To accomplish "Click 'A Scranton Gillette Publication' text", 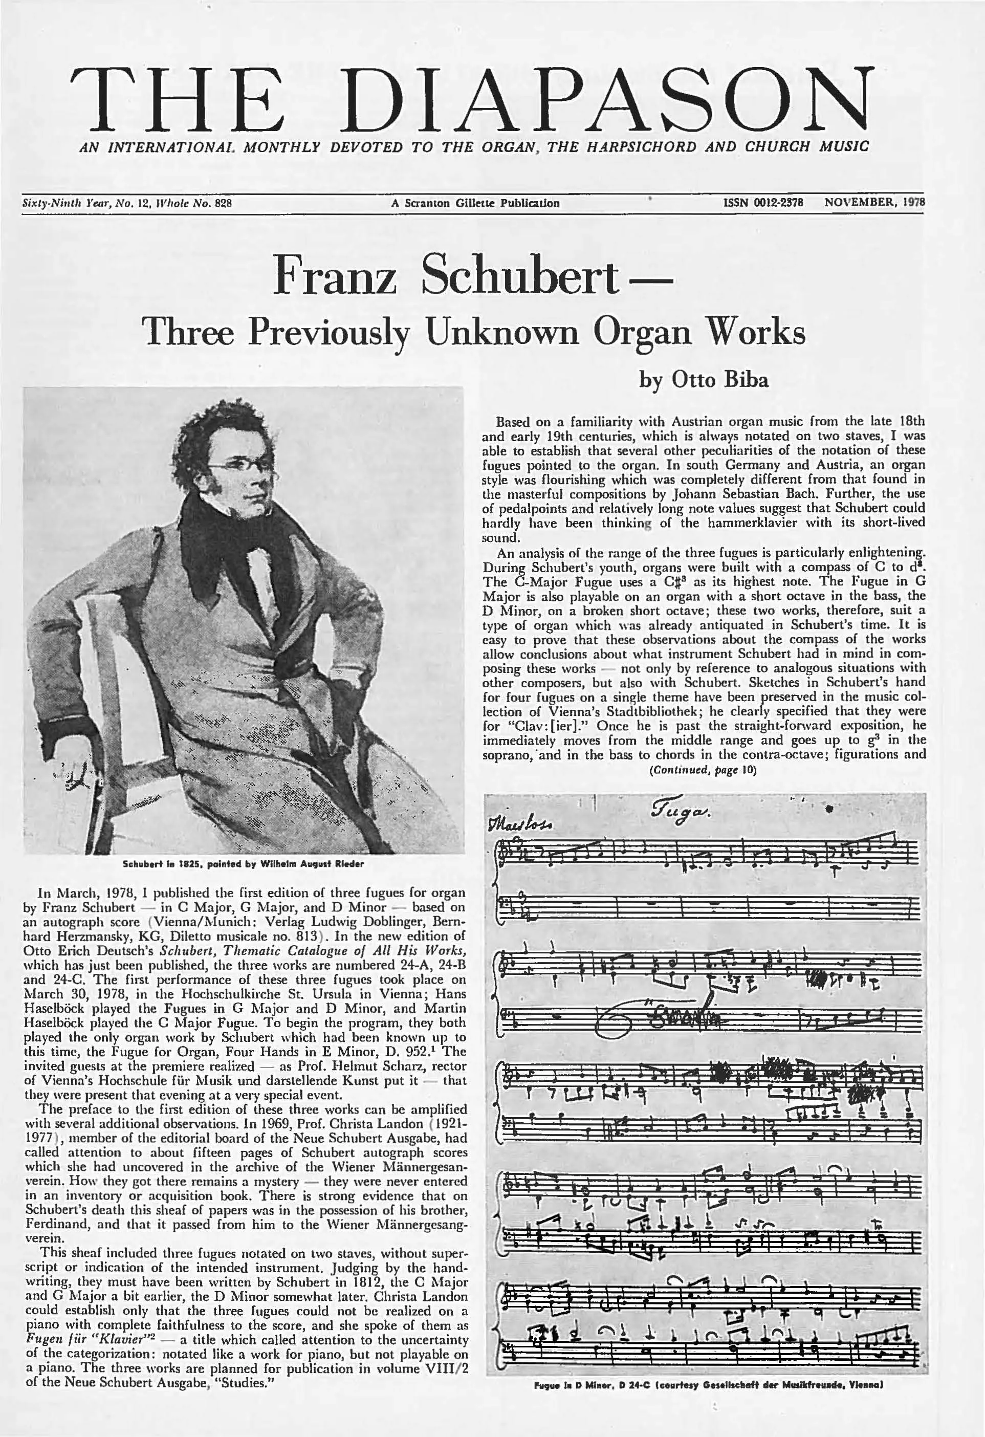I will [x=475, y=203].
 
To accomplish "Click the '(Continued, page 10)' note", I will [x=702, y=770].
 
